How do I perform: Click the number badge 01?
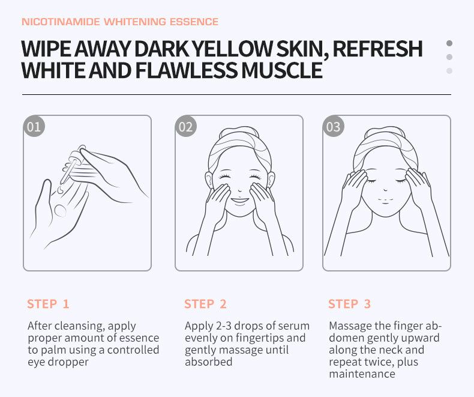pyautogui.click(x=34, y=126)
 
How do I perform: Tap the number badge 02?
pyautogui.click(x=186, y=126)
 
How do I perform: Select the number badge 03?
pyautogui.click(x=334, y=126)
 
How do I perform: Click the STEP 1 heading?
pyautogui.click(x=49, y=304)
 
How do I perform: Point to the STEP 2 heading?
pyautogui.click(x=206, y=304)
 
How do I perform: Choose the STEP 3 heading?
pyautogui.click(x=349, y=304)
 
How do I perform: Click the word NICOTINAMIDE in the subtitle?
pyautogui.click(x=61, y=22)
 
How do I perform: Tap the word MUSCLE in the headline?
pyautogui.click(x=282, y=70)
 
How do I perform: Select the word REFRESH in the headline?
pyautogui.click(x=377, y=49)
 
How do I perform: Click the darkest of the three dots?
pyautogui.click(x=449, y=43)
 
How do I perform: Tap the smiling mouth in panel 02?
pyautogui.click(x=239, y=201)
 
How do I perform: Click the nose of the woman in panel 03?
pyautogui.click(x=385, y=189)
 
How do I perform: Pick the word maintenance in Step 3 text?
pyautogui.click(x=362, y=374)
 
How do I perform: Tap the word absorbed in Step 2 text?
pyautogui.click(x=209, y=362)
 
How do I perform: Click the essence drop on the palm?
pyautogui.click(x=61, y=211)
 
